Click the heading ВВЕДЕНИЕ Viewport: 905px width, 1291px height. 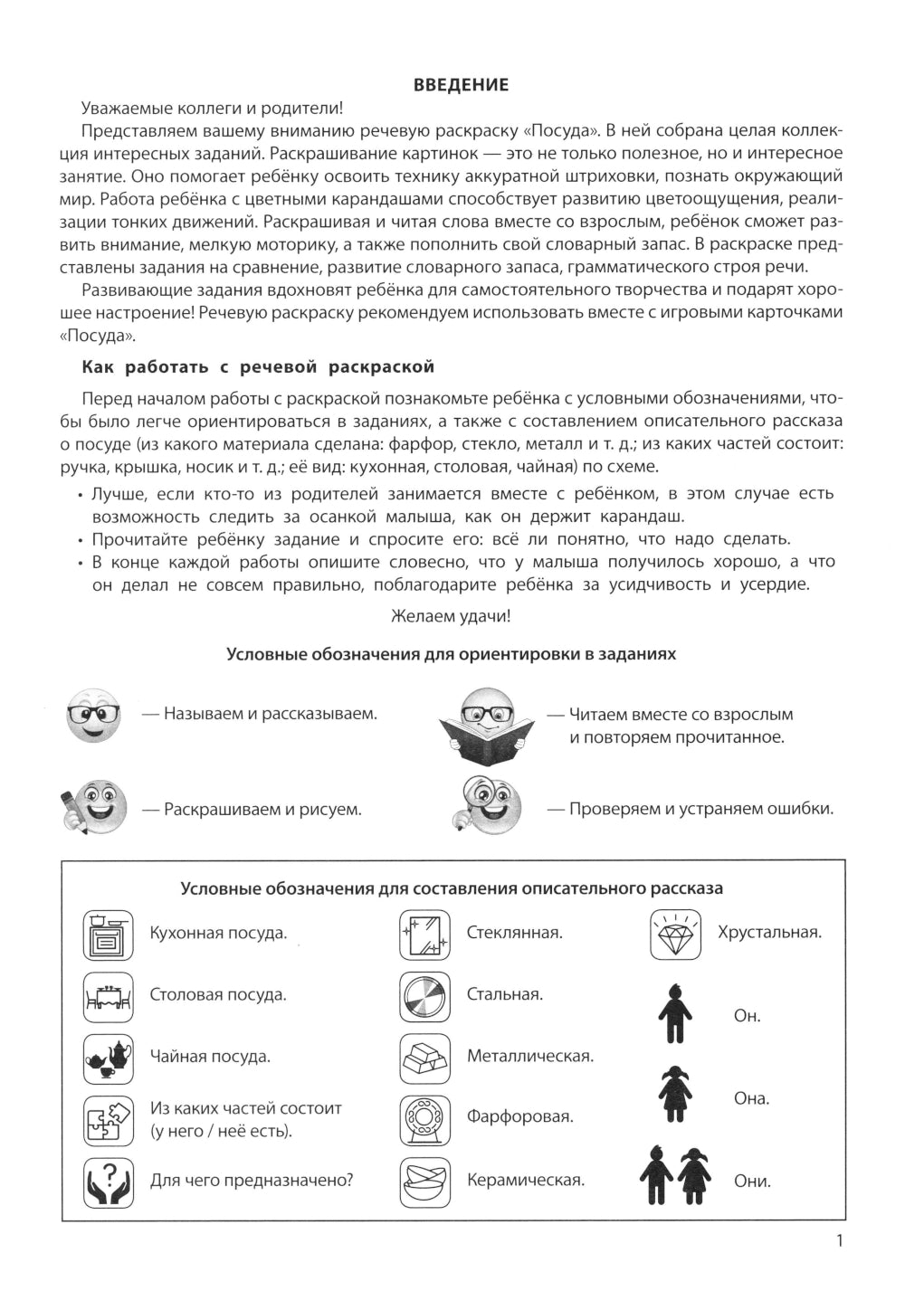click(461, 85)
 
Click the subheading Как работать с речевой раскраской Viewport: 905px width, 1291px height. click(258, 366)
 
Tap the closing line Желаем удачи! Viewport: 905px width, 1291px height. click(451, 617)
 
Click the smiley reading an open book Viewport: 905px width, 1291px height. click(487, 721)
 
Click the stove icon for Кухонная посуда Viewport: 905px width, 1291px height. click(109, 935)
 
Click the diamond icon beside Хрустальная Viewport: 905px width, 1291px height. click(675, 935)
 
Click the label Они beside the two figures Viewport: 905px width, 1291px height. click(752, 1182)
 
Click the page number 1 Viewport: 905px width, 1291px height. click(839, 1241)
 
